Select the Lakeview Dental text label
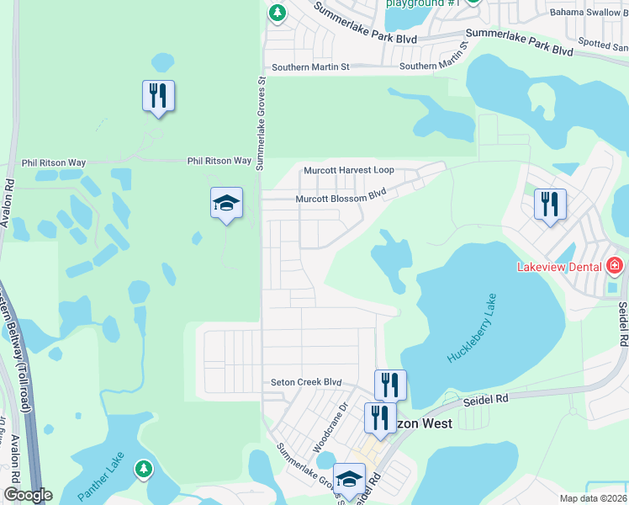(559, 267)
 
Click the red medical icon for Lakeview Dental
(615, 267)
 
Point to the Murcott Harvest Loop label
(348, 170)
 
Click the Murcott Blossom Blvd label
(340, 199)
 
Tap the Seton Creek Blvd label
(306, 382)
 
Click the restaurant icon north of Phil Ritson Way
(158, 96)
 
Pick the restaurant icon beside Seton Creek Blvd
(390, 385)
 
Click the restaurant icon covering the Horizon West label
(380, 418)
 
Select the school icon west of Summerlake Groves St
(226, 203)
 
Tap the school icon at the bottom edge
(349, 479)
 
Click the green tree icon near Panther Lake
(144, 468)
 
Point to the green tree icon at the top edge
(277, 13)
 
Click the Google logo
(28, 495)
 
